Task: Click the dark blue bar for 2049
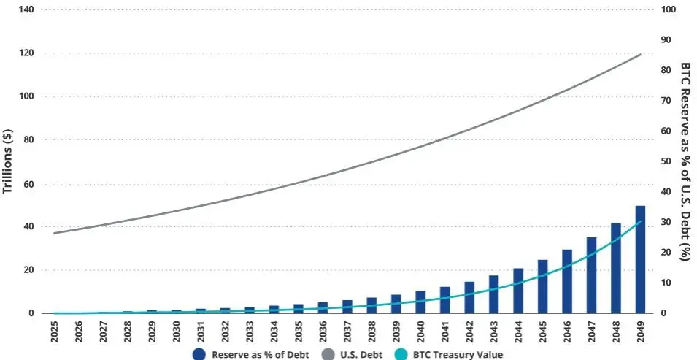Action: tap(639, 260)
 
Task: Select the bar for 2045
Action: tap(542, 287)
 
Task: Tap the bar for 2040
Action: tap(420, 302)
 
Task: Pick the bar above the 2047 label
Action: tap(591, 275)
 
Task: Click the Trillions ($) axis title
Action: tap(8, 161)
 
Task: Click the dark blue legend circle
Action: tap(199, 354)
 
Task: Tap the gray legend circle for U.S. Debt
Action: tap(326, 354)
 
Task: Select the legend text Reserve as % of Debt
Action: tap(260, 355)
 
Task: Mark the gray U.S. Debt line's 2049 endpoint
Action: tap(641, 54)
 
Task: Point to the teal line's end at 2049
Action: tap(640, 222)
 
